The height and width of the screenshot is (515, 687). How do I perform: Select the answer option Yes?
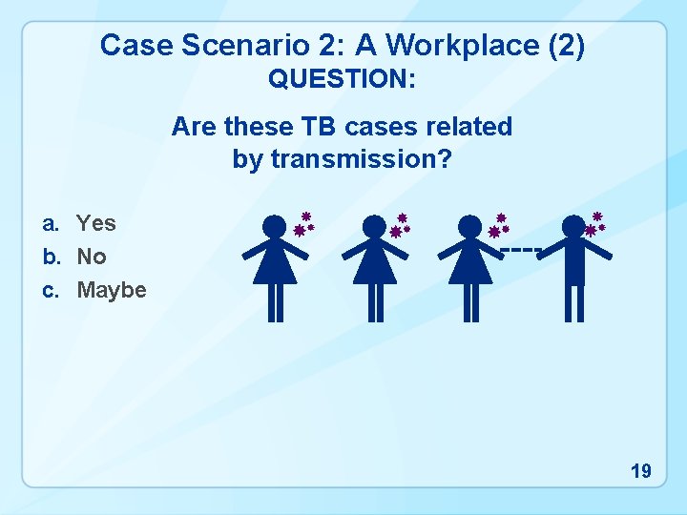click(x=96, y=223)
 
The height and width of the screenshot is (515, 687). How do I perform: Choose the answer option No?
click(x=92, y=257)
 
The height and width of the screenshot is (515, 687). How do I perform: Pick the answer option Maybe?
click(x=112, y=290)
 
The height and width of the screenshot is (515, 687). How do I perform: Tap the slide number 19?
click(x=640, y=470)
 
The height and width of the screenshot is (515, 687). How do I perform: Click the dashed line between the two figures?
click(x=520, y=250)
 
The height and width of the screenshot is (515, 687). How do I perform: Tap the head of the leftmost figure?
click(x=275, y=227)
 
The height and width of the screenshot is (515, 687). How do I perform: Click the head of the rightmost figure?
click(x=573, y=227)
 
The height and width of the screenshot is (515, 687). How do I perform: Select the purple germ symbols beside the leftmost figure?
click(x=304, y=225)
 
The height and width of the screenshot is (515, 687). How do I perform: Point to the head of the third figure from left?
click(x=470, y=227)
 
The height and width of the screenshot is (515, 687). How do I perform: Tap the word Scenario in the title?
click(x=217, y=45)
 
